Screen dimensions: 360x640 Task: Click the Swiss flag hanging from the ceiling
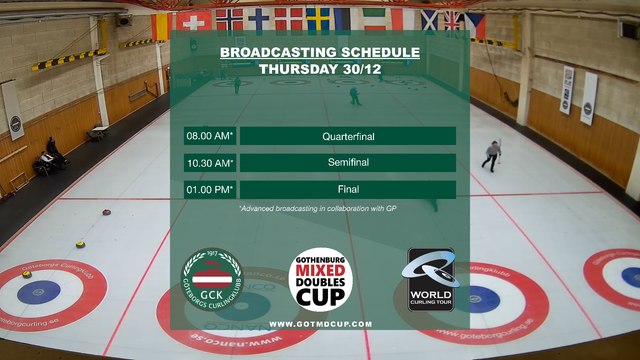[x=190, y=20]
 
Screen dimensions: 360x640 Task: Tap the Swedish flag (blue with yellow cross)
[x=318, y=18]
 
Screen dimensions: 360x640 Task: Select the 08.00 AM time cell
[x=209, y=135]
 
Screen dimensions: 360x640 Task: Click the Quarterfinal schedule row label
[x=347, y=135]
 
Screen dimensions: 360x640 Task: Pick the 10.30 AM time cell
[x=209, y=162]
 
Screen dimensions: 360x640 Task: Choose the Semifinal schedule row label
[x=347, y=162]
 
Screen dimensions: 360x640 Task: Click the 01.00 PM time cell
[x=209, y=189]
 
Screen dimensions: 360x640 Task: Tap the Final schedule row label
[x=347, y=189]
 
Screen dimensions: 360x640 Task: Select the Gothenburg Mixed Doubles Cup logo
[x=320, y=279]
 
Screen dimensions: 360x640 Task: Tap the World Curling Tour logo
[x=431, y=279]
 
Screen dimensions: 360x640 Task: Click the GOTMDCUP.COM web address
[x=320, y=324]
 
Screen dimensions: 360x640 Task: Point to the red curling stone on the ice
[x=106, y=212]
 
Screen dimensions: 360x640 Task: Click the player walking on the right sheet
[x=491, y=155]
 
